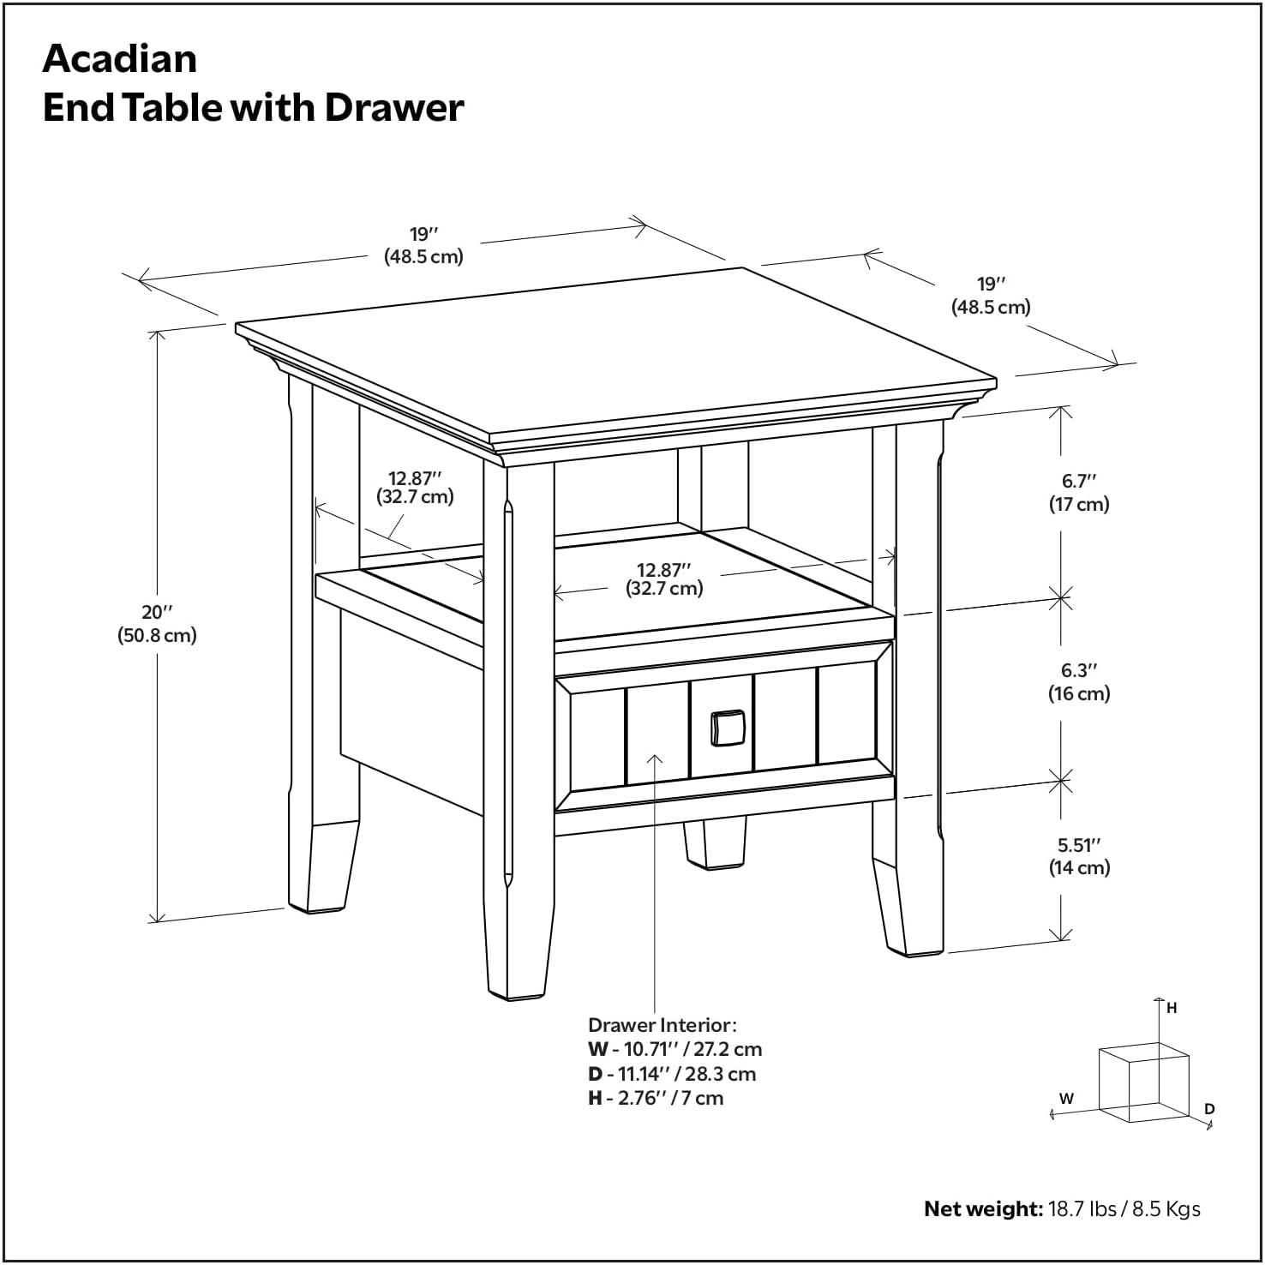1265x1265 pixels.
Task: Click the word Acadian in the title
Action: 120,59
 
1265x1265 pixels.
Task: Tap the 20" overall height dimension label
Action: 158,624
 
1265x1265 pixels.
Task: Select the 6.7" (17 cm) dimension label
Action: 1078,493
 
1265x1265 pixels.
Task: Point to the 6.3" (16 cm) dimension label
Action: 1078,682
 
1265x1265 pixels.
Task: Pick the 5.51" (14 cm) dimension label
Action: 1078,856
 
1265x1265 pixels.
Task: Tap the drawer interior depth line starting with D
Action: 671,1074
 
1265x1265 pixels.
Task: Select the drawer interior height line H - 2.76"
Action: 655,1098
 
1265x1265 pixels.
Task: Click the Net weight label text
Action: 982,1209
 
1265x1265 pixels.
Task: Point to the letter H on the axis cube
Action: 1172,1008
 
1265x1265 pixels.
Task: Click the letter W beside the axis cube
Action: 1066,1098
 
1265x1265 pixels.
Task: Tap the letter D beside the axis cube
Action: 1209,1109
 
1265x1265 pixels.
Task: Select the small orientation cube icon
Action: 1143,1082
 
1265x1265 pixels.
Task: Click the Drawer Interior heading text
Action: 662,1025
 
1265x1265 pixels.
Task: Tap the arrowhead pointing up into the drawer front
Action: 656,758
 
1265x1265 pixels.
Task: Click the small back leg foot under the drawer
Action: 713,845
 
